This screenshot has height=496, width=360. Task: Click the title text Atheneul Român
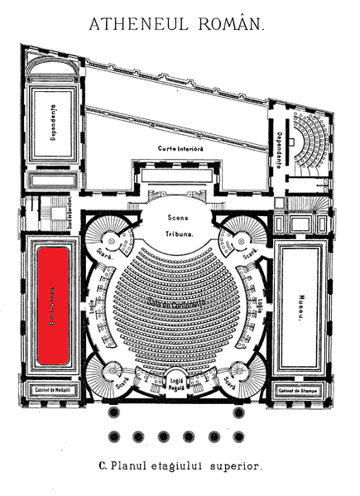pos(178,26)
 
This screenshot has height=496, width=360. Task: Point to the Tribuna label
pos(177,234)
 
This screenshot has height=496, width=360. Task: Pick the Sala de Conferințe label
pos(177,306)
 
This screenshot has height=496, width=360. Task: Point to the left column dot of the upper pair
pos(115,412)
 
